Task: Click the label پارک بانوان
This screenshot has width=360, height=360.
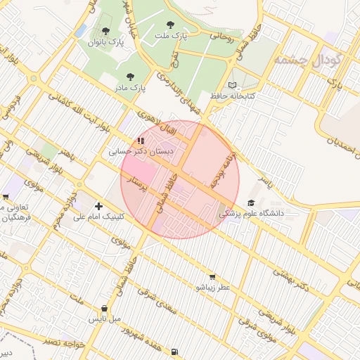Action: (105, 42)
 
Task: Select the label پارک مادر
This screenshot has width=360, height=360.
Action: (130, 88)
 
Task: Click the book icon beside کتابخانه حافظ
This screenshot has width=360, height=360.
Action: (233, 85)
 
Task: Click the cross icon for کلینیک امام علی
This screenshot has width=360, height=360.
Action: (98, 207)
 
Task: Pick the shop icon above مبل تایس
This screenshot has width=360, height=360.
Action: (105, 308)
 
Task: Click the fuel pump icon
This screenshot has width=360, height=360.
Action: (174, 352)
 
